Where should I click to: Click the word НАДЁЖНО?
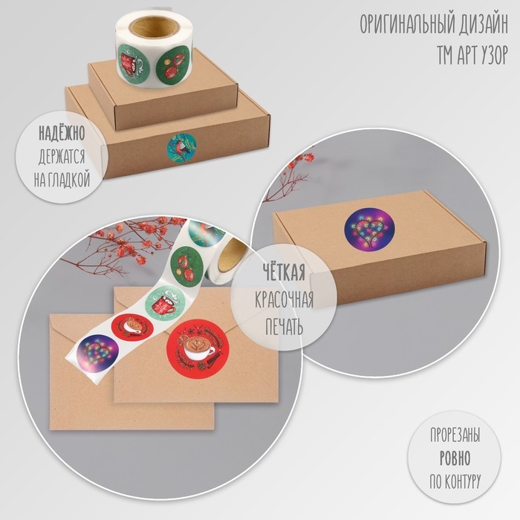62,133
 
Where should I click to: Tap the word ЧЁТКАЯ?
284,273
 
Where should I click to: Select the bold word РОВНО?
455,458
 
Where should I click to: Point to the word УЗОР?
490,55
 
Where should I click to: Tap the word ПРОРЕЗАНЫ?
455,435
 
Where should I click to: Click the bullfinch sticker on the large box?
181,148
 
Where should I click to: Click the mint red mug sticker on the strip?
164,303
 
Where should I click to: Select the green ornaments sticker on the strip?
186,264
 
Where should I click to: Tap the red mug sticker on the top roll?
134,65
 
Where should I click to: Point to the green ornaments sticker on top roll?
172,65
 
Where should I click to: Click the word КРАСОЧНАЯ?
284,300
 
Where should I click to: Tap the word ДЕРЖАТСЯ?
62,157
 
